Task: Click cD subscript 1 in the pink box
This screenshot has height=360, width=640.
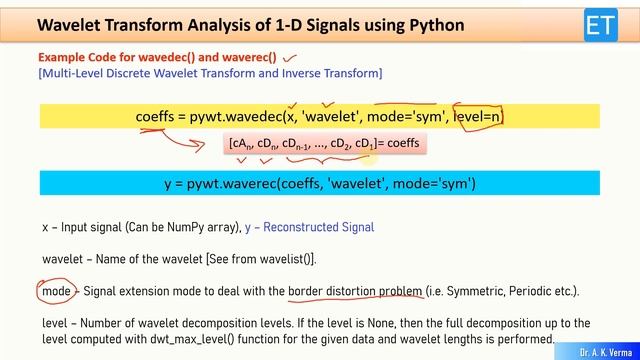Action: tap(365, 144)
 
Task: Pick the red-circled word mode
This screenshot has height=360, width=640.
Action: tap(56, 291)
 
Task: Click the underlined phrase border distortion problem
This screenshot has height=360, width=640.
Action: tap(355, 291)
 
